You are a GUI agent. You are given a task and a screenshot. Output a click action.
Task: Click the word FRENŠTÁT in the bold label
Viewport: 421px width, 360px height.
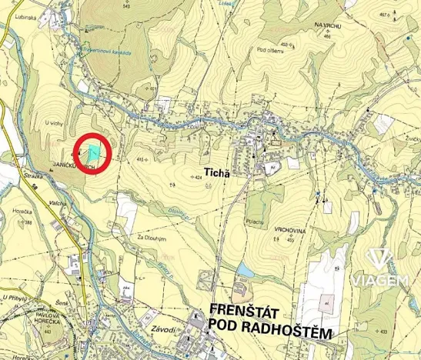pos(246,310)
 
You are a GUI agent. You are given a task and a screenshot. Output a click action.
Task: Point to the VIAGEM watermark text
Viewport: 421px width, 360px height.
pos(379,281)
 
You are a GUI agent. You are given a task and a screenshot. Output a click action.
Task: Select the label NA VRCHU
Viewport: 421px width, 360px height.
pos(328,25)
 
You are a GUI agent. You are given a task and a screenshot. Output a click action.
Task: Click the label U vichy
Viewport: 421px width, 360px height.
pos(52,122)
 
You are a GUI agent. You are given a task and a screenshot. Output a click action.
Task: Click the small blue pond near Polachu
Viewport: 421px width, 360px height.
pos(246,269)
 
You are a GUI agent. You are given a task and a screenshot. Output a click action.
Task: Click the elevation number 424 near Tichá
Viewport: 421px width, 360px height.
pos(198,178)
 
